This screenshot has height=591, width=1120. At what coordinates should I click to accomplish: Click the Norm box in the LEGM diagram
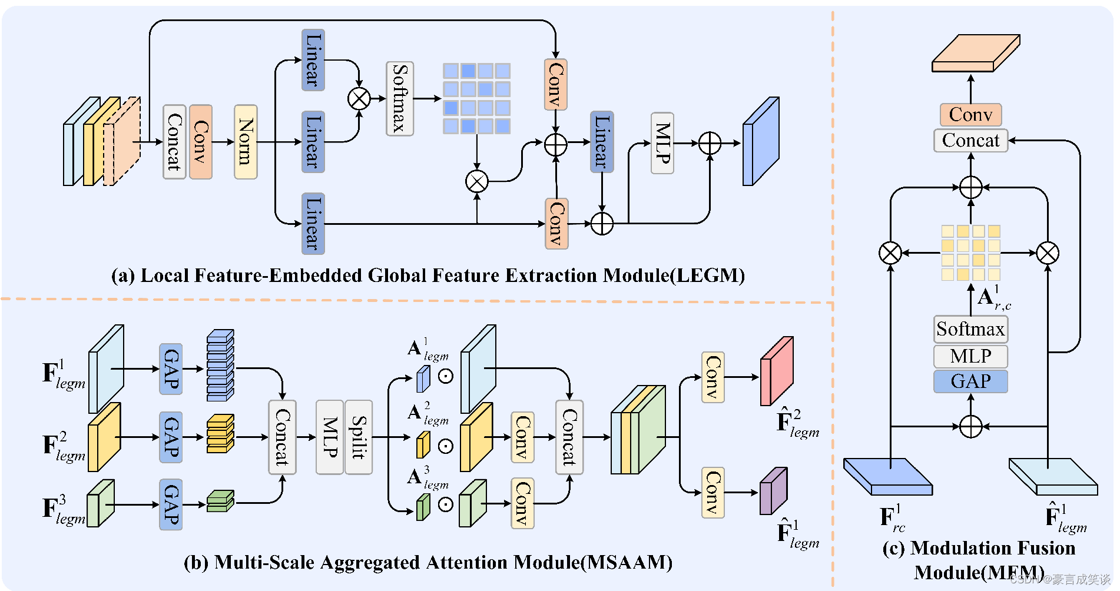(246, 142)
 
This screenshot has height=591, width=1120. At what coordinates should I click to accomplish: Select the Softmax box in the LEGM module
(399, 98)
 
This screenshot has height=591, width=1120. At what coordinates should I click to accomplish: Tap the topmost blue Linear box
(313, 60)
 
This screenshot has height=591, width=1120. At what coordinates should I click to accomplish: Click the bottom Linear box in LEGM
(313, 224)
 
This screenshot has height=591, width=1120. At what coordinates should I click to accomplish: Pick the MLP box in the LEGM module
(662, 143)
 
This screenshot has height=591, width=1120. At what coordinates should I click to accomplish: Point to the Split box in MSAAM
(358, 437)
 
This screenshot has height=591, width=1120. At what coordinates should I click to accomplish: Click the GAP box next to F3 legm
(171, 504)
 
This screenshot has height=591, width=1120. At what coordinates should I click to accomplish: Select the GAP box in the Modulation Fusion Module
(970, 381)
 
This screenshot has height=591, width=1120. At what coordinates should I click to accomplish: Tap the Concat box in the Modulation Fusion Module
(970, 141)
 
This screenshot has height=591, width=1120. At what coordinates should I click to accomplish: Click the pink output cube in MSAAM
(776, 372)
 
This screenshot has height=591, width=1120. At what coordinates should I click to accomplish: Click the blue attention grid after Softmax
(476, 98)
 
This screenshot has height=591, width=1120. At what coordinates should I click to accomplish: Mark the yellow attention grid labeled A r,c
(970, 253)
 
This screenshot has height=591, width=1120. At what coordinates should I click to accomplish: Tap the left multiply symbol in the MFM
(890, 253)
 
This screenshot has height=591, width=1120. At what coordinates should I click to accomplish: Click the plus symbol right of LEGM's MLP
(710, 143)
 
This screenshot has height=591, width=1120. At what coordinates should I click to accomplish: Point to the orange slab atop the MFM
(975, 53)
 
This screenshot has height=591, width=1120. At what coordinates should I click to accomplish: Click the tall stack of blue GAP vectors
(220, 366)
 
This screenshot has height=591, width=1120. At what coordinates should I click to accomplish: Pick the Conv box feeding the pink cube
(713, 377)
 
